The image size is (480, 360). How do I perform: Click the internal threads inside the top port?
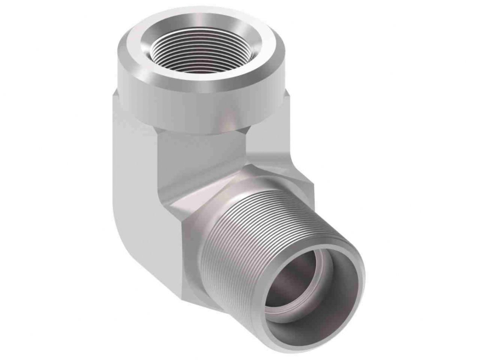pyautogui.click(x=187, y=52)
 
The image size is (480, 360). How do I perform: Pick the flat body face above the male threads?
pyautogui.click(x=270, y=157)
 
